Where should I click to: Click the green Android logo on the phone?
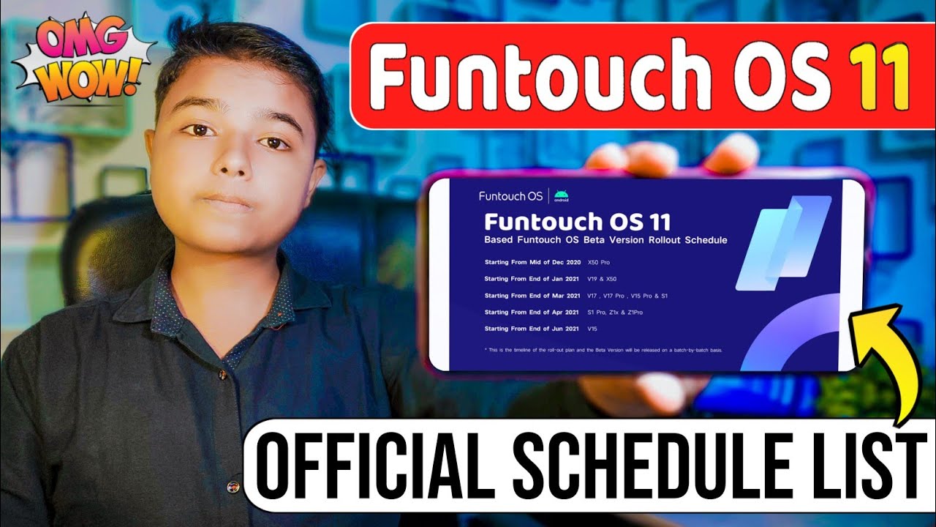tap(561, 195)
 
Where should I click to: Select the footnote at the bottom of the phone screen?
tap(603, 351)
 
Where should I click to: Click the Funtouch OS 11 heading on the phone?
tap(577, 221)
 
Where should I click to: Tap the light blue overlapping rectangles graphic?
tap(782, 242)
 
